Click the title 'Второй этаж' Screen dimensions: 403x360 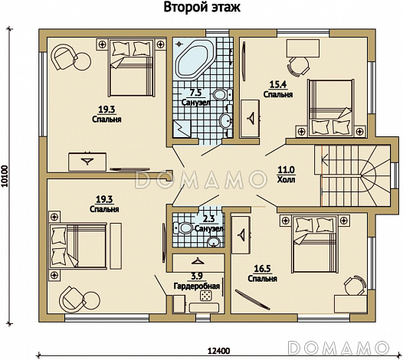[202, 8]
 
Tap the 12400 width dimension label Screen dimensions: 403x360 [218, 351]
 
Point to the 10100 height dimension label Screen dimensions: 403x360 [5, 176]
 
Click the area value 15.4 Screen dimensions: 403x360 [278, 84]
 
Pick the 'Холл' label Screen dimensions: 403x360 [286, 179]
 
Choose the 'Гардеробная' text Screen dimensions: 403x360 [197, 286]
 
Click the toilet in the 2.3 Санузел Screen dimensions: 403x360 [183, 227]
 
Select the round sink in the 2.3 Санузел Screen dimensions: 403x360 [213, 241]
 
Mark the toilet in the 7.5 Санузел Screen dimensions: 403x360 [223, 94]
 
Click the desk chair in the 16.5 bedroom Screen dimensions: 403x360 [355, 286]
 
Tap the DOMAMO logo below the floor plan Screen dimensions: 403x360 [338, 348]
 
